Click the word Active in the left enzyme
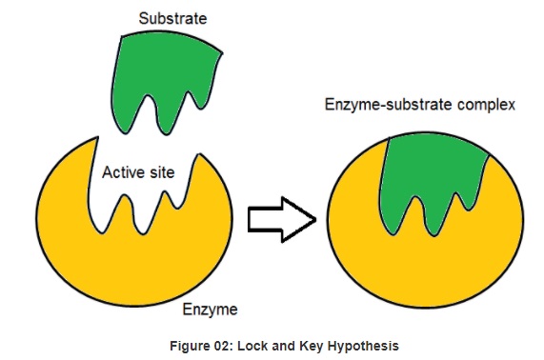point(124,173)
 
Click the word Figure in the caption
point(188,344)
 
